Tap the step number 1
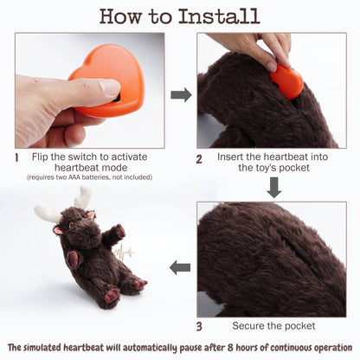pos(16,158)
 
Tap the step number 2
pos(199,158)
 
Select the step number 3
pos(199,325)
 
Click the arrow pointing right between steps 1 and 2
pos(181,93)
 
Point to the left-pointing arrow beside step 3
pos(180,267)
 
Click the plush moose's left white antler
pos(48,212)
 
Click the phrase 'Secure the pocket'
pos(273,325)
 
